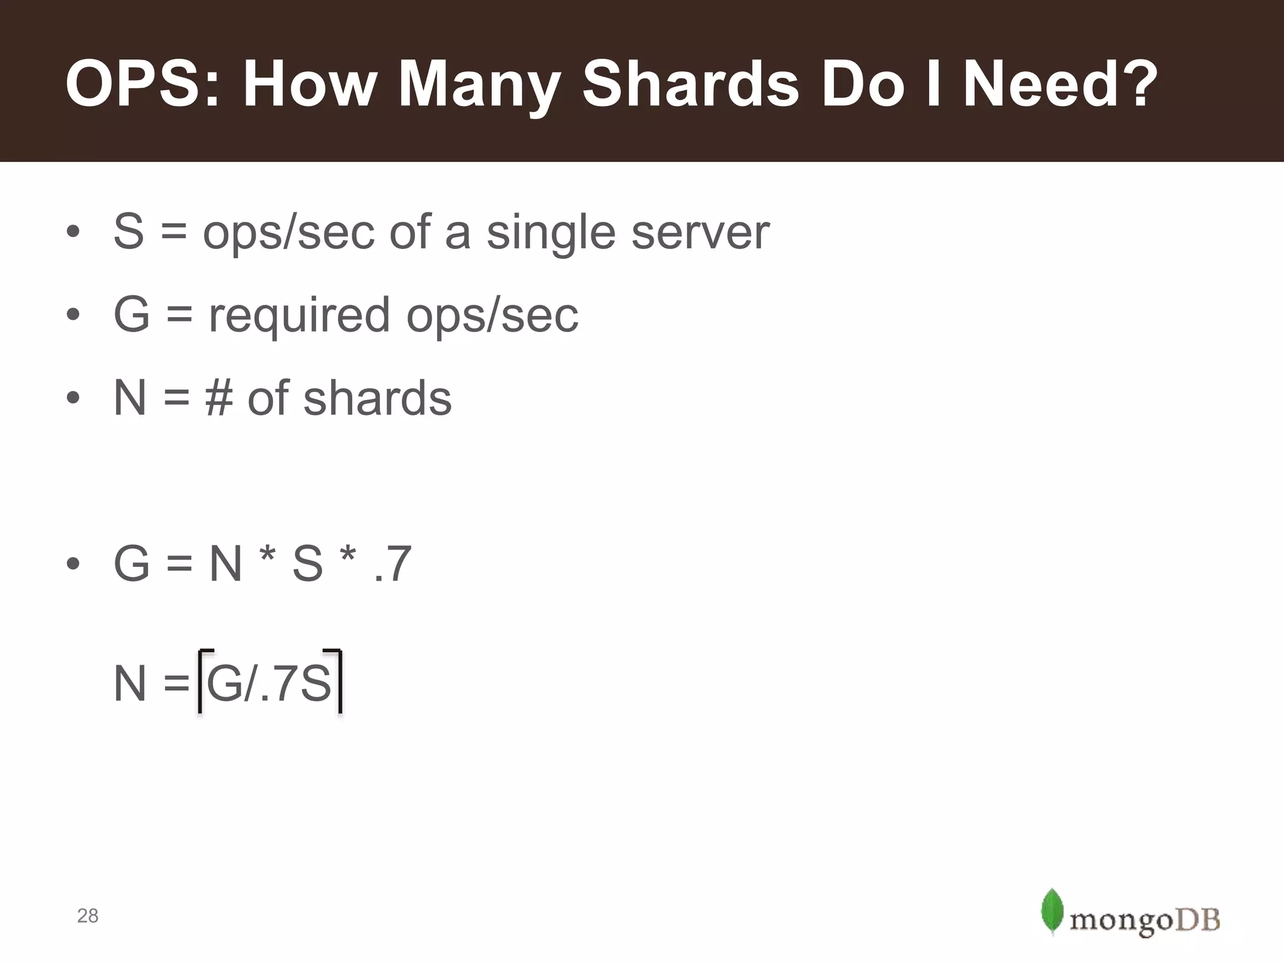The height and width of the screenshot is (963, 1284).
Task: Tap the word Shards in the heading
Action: coord(690,85)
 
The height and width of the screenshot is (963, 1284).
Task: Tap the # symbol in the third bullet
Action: coord(219,399)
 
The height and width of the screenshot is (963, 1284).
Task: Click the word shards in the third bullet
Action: coord(377,399)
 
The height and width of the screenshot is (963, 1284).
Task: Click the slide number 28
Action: coord(88,916)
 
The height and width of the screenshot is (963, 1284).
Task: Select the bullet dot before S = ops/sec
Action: coord(73,232)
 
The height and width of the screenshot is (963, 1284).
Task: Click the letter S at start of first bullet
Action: coord(129,232)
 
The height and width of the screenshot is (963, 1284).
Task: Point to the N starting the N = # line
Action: coord(130,399)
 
